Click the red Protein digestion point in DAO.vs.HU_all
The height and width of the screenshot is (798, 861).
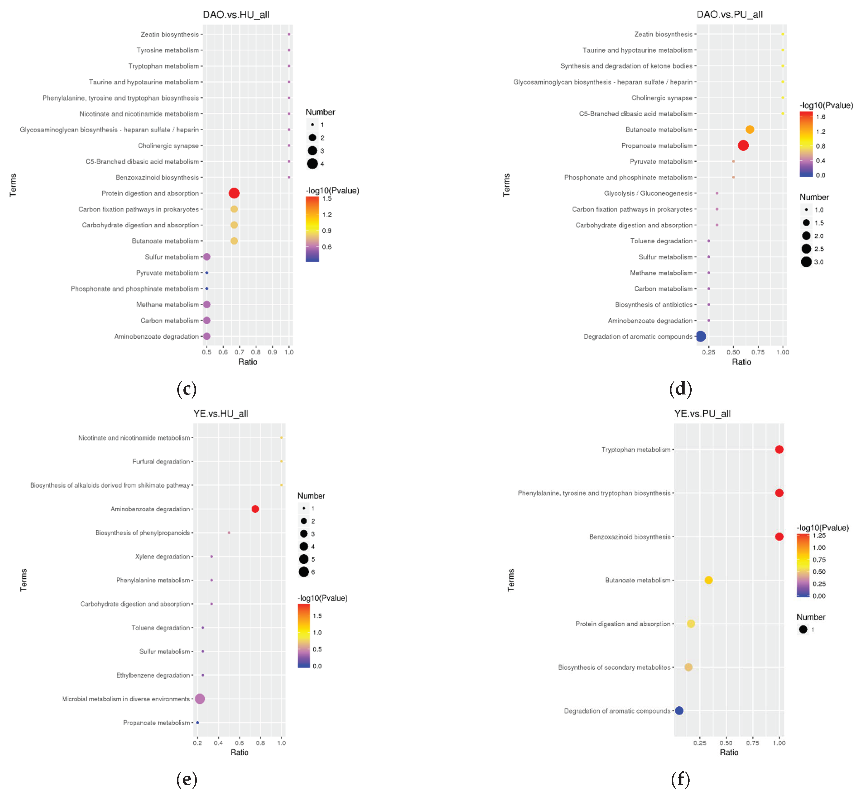234,193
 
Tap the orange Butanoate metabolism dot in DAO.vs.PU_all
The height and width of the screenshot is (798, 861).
750,130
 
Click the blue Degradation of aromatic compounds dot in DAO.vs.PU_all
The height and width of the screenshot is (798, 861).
701,336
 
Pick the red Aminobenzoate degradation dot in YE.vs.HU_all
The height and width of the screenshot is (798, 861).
255,509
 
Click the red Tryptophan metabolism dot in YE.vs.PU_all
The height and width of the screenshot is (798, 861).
779,449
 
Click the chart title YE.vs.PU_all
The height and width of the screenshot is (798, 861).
702,414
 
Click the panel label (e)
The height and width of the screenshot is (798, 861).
187,779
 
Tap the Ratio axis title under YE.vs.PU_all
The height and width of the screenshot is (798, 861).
729,752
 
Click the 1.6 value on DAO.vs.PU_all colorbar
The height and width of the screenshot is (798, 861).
820,116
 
